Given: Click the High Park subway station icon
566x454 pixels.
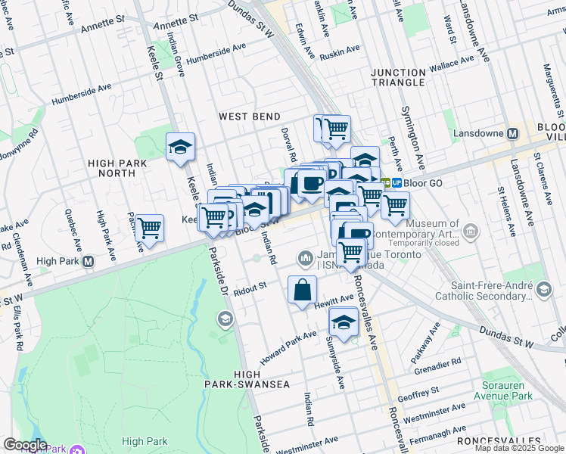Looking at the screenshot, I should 88,262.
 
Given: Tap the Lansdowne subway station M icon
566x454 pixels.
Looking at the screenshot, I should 512,133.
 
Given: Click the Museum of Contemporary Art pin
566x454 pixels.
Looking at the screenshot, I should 471,230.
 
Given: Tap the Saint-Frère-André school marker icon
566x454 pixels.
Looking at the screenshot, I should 543,290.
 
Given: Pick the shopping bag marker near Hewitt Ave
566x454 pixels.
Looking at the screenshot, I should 302,290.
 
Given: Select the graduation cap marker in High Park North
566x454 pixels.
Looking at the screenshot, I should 180,147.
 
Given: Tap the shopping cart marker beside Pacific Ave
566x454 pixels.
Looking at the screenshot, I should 149,228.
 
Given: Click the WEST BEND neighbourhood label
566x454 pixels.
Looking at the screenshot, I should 249,117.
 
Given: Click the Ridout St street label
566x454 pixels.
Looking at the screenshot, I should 251,288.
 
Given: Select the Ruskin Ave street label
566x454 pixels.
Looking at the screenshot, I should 340,52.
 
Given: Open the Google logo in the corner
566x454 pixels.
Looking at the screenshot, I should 25,445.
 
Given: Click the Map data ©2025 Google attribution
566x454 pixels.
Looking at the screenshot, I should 519,448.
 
